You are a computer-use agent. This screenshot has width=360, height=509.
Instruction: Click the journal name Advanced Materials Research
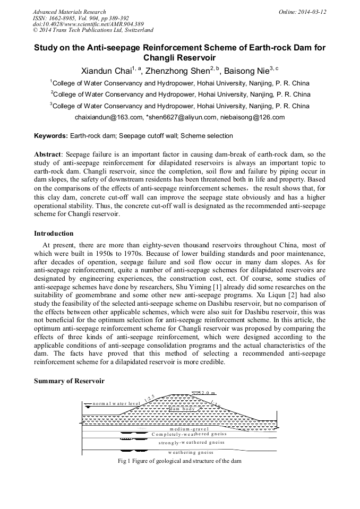[69, 12]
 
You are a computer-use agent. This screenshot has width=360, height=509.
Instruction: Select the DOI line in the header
[88, 24]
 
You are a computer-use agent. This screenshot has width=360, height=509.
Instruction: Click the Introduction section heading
[54, 234]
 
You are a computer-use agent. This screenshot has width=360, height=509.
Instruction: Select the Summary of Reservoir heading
[69, 381]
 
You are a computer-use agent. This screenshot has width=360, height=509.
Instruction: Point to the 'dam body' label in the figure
[183, 409]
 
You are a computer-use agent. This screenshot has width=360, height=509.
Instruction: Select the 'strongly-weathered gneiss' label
[192, 442]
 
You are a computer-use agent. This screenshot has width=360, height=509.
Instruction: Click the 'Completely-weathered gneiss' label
[189, 434]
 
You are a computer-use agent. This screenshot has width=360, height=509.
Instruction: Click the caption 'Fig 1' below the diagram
[124, 461]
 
